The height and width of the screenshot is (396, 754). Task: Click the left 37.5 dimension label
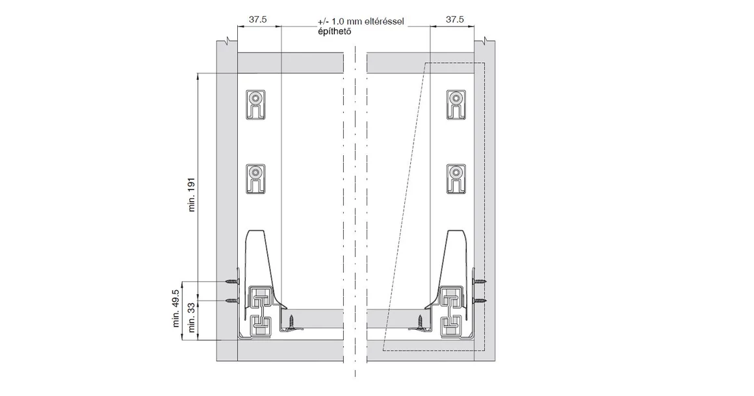click(x=258, y=19)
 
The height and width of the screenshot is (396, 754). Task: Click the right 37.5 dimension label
click(x=454, y=19)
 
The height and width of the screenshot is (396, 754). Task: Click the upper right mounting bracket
click(x=456, y=105)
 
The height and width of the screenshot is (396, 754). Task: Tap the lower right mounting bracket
click(x=456, y=179)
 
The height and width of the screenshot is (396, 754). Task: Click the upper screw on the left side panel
click(x=232, y=281)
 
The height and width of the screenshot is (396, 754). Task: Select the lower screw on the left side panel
click(x=232, y=301)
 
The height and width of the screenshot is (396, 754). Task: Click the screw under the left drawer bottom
click(x=292, y=321)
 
